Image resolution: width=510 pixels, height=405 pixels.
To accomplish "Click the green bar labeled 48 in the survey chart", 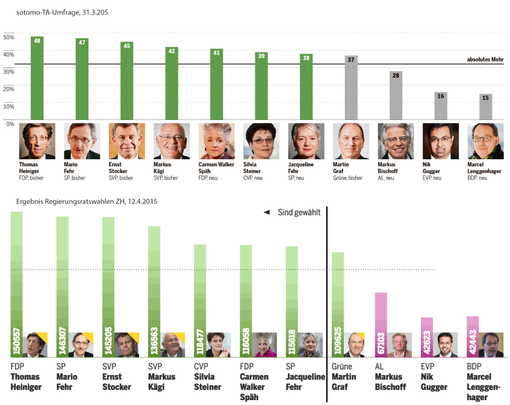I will click(37, 78).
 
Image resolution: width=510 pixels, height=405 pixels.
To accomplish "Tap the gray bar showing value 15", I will click(485, 107).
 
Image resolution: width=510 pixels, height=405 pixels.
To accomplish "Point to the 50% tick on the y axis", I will click(8, 37).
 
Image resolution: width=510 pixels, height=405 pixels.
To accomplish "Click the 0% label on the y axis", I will click(10, 124).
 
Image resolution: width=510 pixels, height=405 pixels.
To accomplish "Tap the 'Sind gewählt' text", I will click(299, 212).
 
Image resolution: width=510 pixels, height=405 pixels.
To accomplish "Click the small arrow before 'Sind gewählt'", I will click(266, 212).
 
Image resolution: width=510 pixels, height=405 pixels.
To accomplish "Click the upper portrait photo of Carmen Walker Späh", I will click(216, 141).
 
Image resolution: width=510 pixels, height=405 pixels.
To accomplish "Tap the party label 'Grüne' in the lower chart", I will click(341, 366).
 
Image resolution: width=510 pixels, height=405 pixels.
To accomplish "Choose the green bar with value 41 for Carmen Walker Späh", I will click(216, 86).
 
